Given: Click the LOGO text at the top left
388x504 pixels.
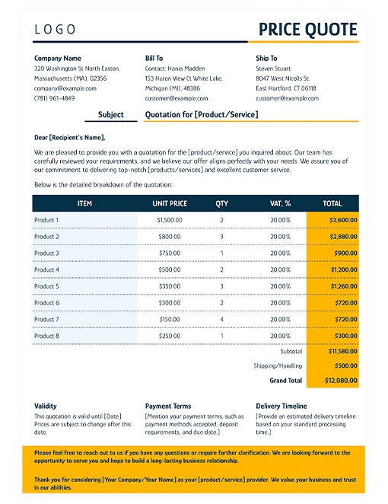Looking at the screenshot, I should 55,30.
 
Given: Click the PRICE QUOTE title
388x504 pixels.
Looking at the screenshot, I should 307,30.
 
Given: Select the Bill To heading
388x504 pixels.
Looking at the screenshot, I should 154,58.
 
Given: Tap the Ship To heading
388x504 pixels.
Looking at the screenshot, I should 266,58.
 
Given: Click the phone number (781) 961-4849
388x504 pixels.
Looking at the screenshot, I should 55,98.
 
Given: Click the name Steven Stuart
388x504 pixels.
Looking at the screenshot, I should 274,68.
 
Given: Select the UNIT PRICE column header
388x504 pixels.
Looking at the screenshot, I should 169,203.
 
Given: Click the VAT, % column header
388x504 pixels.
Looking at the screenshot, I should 280,203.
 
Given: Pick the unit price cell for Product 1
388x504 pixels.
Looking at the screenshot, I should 169,220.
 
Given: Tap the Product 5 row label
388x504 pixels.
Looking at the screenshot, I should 46,286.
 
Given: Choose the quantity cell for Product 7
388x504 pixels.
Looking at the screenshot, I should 221,320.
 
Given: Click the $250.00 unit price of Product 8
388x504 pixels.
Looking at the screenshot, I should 170,336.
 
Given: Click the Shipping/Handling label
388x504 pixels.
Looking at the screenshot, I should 278,365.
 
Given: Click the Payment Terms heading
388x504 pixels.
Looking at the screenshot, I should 168,407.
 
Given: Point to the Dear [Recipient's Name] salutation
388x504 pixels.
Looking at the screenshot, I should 70,138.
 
